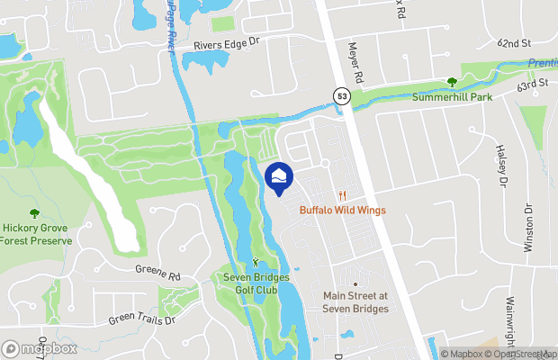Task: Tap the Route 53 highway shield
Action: (342, 95)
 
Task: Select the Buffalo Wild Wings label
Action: (342, 211)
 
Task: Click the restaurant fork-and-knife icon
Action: (342, 195)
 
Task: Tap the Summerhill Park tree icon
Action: (452, 82)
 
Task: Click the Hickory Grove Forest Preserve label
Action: (34, 234)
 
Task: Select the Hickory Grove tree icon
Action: (34, 213)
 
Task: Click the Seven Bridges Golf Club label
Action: (256, 283)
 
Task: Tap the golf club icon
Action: (256, 264)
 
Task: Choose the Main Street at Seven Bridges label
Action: (355, 301)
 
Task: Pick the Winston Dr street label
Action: (529, 230)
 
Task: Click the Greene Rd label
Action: (158, 269)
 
